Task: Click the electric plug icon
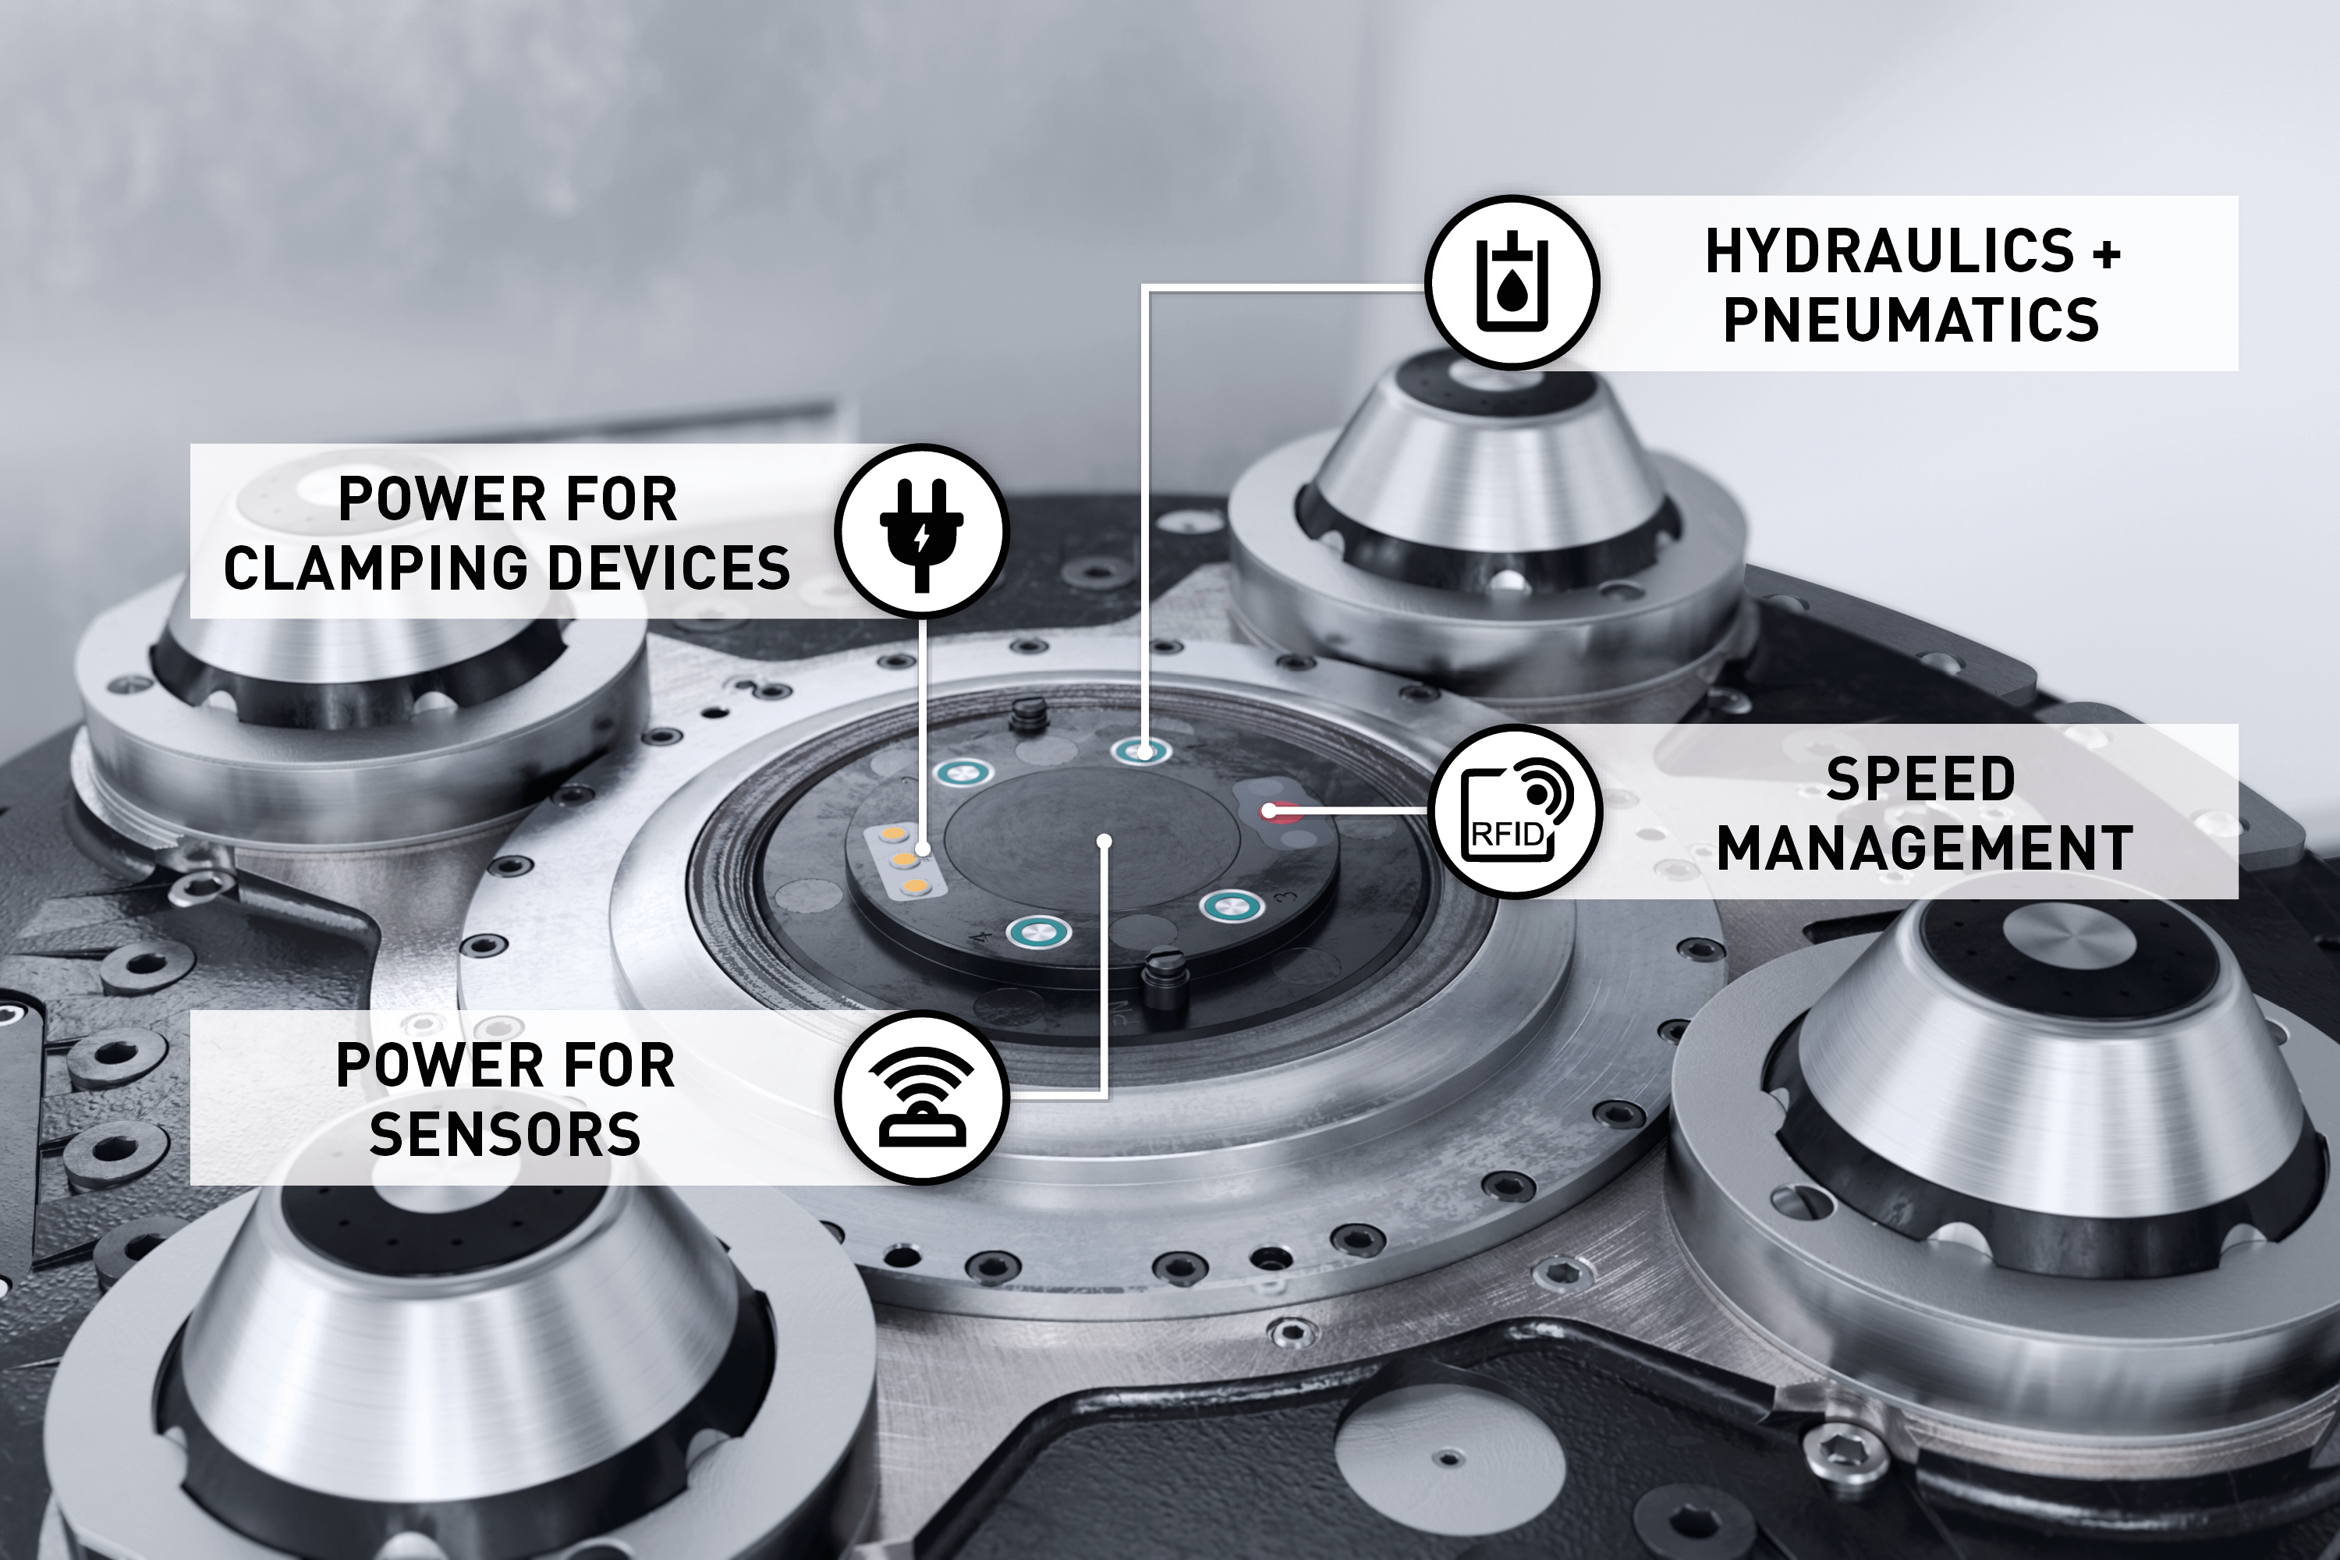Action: (921, 531)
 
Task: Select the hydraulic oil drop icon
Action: (1512, 284)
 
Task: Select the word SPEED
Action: (1921, 779)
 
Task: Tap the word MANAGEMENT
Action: (1925, 849)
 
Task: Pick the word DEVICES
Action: (669, 568)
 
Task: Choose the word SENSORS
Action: (505, 1134)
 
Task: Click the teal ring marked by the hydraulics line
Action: (1141, 751)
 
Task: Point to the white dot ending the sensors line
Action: (1104, 842)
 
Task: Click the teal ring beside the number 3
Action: (1232, 906)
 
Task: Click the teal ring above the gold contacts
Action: (963, 771)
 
